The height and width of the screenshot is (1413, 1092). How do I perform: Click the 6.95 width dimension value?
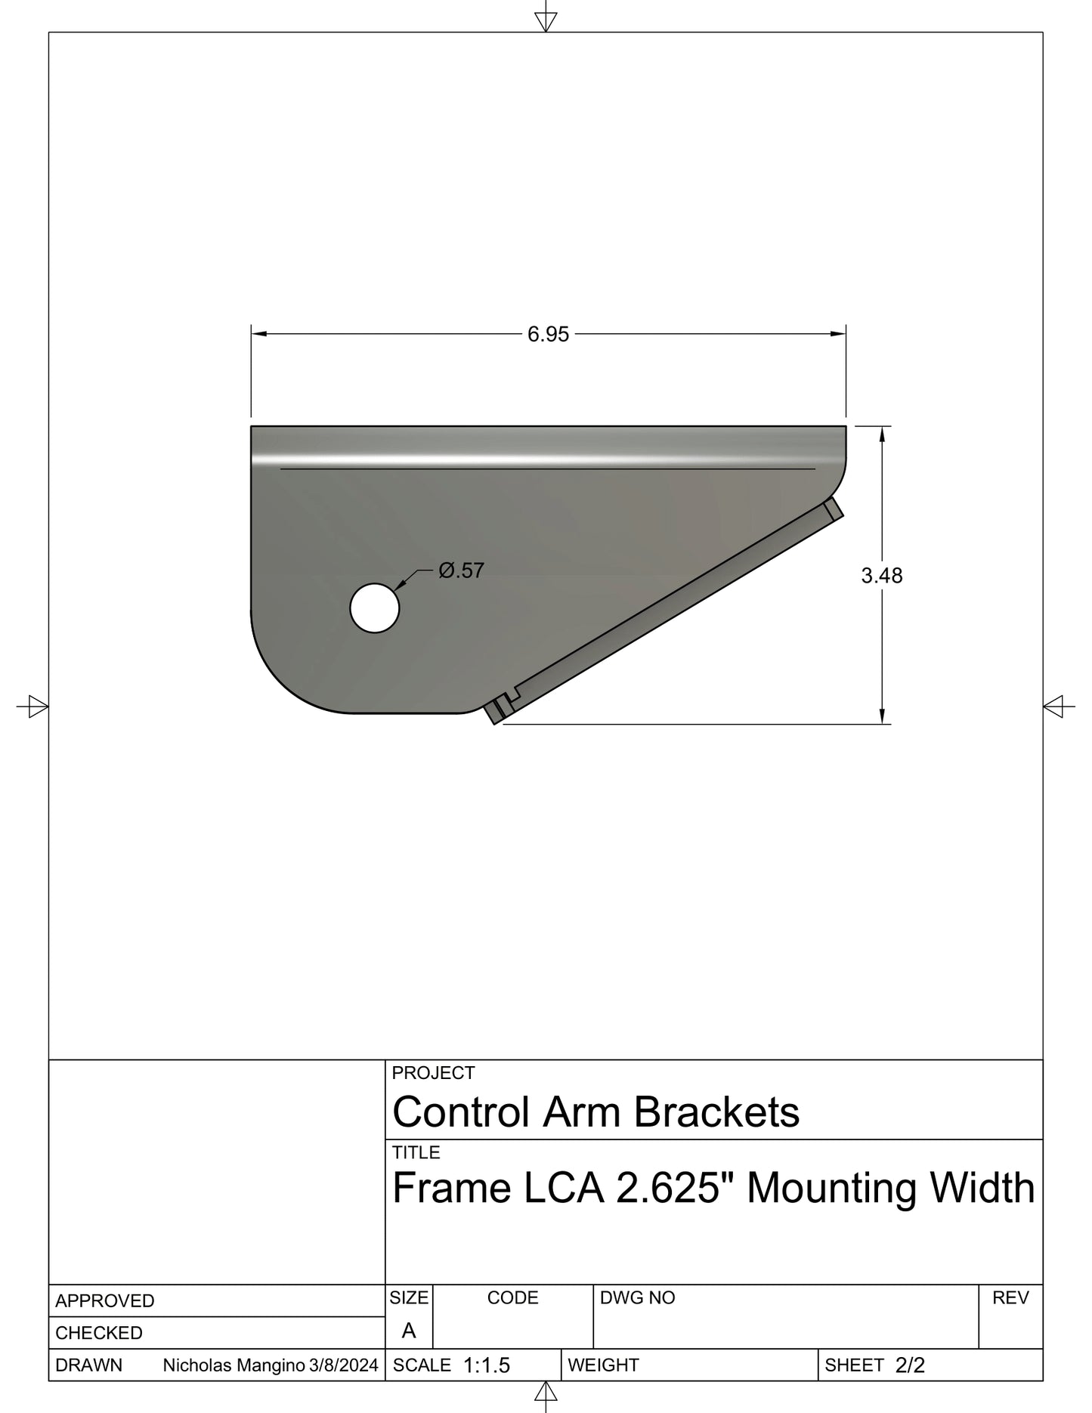click(x=548, y=334)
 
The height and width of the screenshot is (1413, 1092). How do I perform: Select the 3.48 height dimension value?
click(x=881, y=576)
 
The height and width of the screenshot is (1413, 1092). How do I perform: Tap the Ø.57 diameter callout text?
click(x=461, y=570)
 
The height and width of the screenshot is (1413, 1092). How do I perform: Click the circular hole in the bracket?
click(x=375, y=608)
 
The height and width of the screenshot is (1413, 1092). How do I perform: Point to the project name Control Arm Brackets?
click(x=595, y=1112)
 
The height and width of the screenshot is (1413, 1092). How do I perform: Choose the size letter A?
click(x=409, y=1331)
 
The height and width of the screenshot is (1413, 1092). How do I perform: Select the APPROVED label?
click(x=104, y=1301)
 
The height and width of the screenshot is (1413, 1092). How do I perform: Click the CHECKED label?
click(x=98, y=1333)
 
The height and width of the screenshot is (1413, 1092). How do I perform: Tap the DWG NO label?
click(x=637, y=1298)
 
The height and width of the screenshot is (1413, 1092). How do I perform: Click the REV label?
click(x=1010, y=1298)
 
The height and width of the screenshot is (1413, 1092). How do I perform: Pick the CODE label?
click(x=512, y=1298)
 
